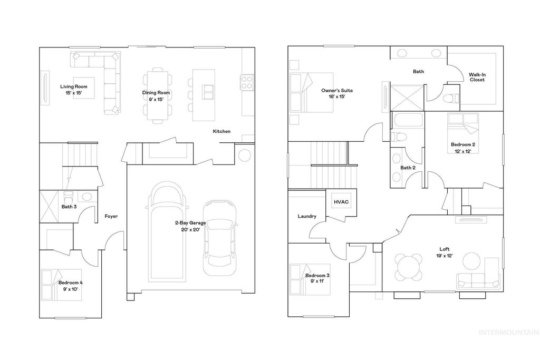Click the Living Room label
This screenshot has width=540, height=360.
[x=73, y=90]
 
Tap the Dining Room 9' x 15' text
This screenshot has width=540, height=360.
[x=156, y=96]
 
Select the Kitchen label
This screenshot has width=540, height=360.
[x=221, y=131]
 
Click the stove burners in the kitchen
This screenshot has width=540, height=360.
[x=247, y=82]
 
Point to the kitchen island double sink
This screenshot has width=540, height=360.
[x=208, y=92]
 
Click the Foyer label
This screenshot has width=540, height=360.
[x=111, y=216]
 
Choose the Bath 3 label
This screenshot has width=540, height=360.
[x=69, y=207]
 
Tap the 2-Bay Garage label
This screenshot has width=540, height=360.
[x=191, y=226]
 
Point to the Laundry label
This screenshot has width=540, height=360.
[x=306, y=216]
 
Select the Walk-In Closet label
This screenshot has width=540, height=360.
[x=477, y=77]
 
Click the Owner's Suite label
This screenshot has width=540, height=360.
[x=337, y=93]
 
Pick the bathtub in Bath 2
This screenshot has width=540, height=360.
[x=408, y=121]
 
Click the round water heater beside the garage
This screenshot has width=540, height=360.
[x=245, y=155]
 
